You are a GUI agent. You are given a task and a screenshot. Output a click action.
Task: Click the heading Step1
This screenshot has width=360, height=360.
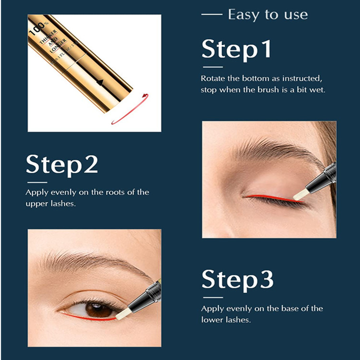[x=237, y=49]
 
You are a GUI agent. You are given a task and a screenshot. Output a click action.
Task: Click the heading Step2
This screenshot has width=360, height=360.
[x=62, y=165]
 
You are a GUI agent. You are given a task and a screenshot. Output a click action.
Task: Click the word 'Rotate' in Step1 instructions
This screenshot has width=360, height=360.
[x=212, y=78]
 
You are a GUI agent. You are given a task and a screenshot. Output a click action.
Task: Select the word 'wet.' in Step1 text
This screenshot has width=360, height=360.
[x=317, y=90]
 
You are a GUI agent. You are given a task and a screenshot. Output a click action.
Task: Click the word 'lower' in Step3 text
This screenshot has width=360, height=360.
[x=212, y=320]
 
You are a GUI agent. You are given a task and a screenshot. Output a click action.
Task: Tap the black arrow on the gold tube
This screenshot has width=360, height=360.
[x=100, y=82]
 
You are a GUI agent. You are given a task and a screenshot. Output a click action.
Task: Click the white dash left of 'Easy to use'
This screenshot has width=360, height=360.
[x=212, y=15]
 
